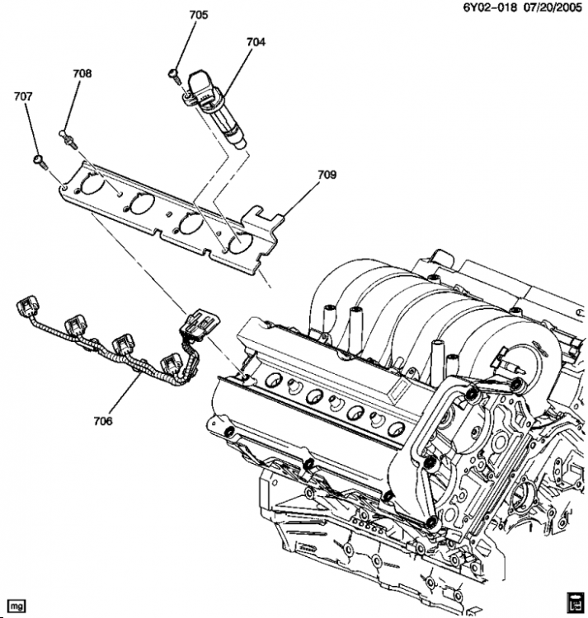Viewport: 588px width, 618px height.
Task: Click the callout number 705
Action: pos(199,15)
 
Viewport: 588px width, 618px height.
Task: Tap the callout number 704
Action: pos(256,42)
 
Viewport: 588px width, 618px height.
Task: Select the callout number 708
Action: pos(82,73)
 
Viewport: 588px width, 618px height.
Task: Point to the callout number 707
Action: pos(23,96)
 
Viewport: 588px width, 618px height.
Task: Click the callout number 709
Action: pos(327,175)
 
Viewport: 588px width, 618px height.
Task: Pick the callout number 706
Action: pos(103,421)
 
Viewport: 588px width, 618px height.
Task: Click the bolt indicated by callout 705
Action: pos(174,75)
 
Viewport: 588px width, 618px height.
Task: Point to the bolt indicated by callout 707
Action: pos(40,162)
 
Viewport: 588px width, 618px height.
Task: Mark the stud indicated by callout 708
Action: pos(68,138)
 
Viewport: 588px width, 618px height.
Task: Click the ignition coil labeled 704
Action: pos(215,109)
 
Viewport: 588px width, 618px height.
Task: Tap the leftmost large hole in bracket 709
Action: pos(93,183)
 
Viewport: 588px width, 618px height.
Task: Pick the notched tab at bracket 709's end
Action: pos(262,216)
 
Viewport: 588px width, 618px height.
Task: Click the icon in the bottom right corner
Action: pos(575,603)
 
